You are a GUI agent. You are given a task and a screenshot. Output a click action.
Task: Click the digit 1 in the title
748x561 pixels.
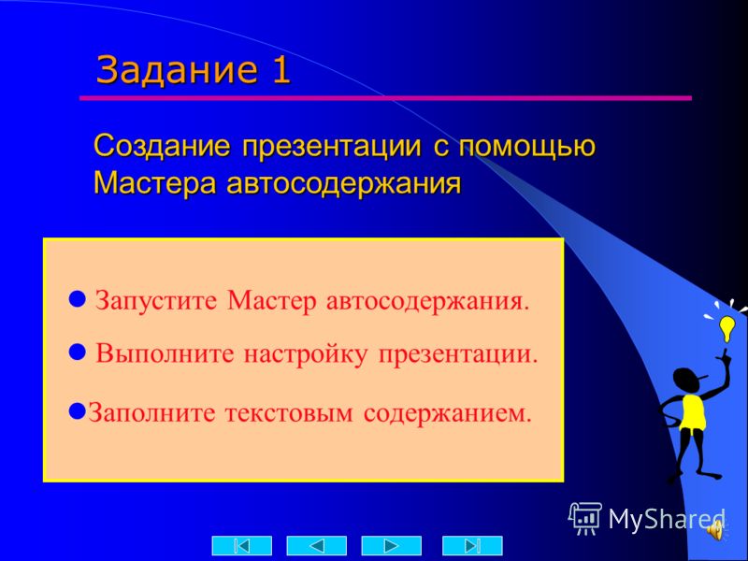click(x=281, y=69)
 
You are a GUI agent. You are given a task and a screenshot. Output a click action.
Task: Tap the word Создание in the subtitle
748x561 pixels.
click(x=162, y=146)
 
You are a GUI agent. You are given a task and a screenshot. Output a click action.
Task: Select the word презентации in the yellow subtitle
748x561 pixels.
click(x=332, y=147)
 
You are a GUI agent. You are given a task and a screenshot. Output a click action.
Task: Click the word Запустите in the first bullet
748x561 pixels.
click(x=156, y=301)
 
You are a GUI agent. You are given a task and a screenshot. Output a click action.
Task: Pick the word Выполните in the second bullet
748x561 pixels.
click(x=165, y=354)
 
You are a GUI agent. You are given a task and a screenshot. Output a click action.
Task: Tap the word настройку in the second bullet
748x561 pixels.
click(x=306, y=355)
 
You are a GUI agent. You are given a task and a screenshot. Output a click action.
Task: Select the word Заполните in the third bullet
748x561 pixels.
click(x=151, y=413)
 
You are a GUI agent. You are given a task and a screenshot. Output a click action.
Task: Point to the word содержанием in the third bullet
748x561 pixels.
click(x=447, y=413)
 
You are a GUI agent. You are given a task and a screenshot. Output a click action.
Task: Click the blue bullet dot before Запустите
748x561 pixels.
click(x=78, y=299)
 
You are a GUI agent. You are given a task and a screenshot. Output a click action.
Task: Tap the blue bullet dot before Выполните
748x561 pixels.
click(x=78, y=352)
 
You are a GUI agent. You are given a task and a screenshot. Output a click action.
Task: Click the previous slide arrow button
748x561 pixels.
click(x=316, y=545)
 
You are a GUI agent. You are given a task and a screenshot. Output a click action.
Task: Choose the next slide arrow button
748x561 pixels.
click(x=391, y=545)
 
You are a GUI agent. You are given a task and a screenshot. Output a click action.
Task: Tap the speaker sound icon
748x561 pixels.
click(x=715, y=529)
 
